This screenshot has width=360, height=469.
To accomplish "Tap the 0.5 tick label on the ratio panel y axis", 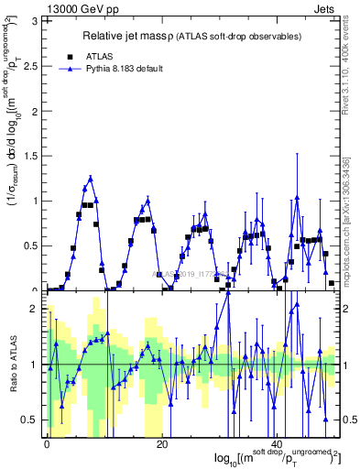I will (34, 420).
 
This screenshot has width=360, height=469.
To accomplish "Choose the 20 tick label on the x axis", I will (162, 442).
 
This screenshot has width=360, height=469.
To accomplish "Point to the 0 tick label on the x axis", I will (47, 442).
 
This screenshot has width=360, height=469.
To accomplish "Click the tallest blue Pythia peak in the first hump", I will (91, 178).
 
